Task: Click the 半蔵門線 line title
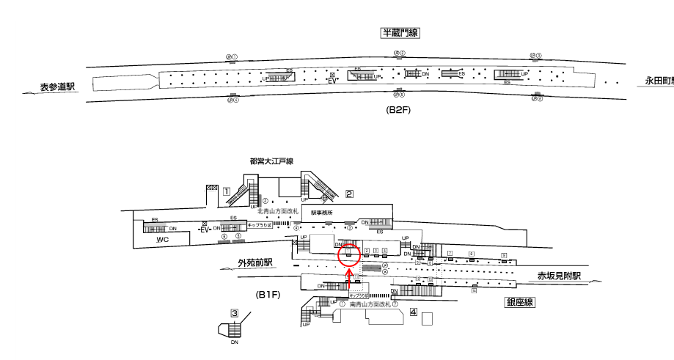[400, 33]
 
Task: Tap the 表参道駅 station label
[58, 87]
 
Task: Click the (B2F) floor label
[401, 110]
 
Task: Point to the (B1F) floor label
[268, 295]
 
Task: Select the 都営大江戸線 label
[271, 161]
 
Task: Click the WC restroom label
[164, 239]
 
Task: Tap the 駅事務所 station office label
[322, 213]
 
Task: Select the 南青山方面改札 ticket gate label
[369, 303]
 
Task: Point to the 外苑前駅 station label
[254, 262]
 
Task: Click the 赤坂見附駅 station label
[558, 276]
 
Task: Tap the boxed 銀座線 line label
[519, 301]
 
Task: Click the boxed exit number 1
[227, 192]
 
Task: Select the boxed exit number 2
[350, 194]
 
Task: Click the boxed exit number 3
[235, 313]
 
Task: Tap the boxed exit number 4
[414, 312]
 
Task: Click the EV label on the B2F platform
[332, 81]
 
